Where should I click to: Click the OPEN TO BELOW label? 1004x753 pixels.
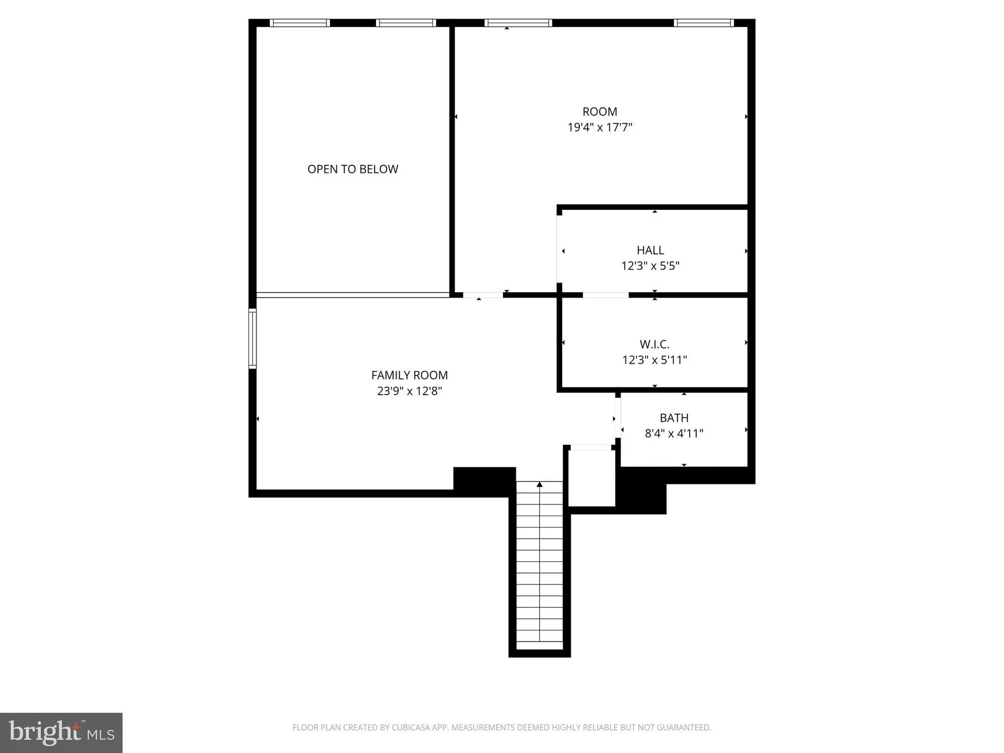[x=352, y=169]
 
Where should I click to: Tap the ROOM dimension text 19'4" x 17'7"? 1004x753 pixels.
[x=599, y=128]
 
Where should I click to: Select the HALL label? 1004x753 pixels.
[x=650, y=250]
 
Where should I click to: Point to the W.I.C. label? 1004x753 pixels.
[x=654, y=344]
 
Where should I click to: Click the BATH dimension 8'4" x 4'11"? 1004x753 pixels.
[x=674, y=434]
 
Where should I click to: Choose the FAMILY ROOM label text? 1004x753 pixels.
[x=409, y=375]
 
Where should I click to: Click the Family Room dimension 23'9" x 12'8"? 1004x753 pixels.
[x=409, y=391]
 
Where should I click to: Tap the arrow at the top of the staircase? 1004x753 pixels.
[x=540, y=484]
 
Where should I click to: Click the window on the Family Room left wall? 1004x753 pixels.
[x=253, y=339]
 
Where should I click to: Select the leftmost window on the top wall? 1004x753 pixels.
[x=300, y=23]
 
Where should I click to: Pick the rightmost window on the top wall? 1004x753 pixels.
[x=703, y=23]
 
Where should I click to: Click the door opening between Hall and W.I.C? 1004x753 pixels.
[x=605, y=295]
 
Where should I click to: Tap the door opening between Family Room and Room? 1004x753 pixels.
[x=482, y=295]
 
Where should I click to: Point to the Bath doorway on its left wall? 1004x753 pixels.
[x=618, y=418]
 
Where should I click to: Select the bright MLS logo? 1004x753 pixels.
[x=61, y=732]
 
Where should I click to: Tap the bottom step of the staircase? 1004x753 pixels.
[x=540, y=646]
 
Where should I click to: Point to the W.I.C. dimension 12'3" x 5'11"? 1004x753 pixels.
[x=654, y=360]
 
